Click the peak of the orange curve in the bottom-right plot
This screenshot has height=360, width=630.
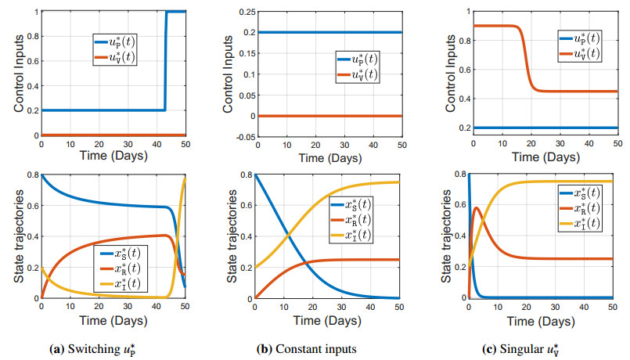(477, 207)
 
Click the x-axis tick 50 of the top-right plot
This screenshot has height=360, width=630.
(617, 146)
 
